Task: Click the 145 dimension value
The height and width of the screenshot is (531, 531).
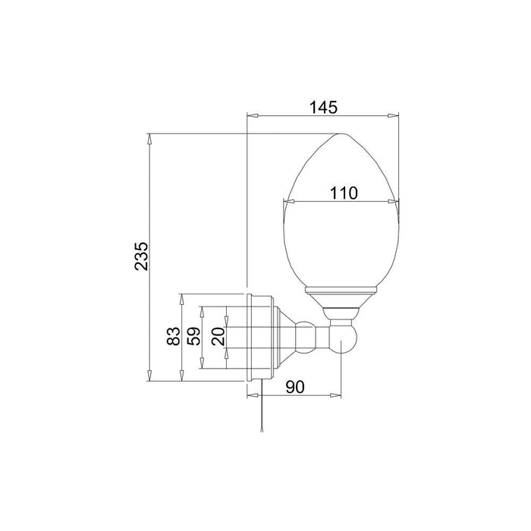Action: [323, 107]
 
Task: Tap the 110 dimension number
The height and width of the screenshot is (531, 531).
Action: [344, 193]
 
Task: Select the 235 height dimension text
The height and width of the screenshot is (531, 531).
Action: [141, 256]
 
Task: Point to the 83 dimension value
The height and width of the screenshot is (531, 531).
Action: [174, 335]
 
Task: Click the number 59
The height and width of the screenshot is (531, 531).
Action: [194, 335]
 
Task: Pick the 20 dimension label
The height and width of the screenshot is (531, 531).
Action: [218, 336]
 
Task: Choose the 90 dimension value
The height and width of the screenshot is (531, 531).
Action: [295, 387]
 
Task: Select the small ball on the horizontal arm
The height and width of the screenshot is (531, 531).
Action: [306, 338]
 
